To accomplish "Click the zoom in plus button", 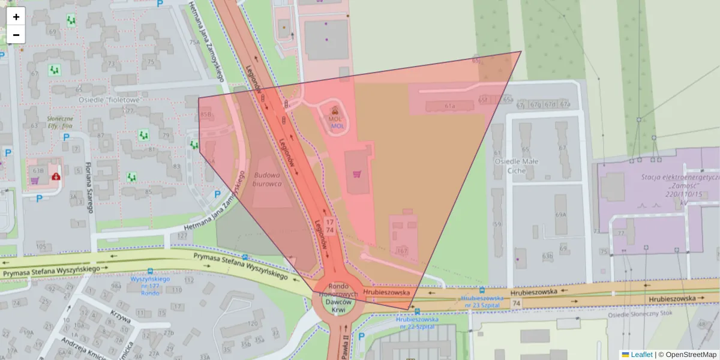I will click(16, 17).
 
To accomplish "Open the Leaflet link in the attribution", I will click(641, 355).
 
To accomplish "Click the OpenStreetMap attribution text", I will click(687, 355).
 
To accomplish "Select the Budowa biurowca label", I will click(267, 179).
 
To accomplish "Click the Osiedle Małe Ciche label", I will click(517, 166).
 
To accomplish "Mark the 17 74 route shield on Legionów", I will click(329, 226).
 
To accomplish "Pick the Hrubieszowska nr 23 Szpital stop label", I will click(482, 301).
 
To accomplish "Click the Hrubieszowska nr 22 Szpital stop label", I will click(417, 323).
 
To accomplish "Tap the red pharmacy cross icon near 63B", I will click(56, 177).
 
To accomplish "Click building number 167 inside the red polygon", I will click(401, 250).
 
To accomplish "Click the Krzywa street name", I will click(120, 316).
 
